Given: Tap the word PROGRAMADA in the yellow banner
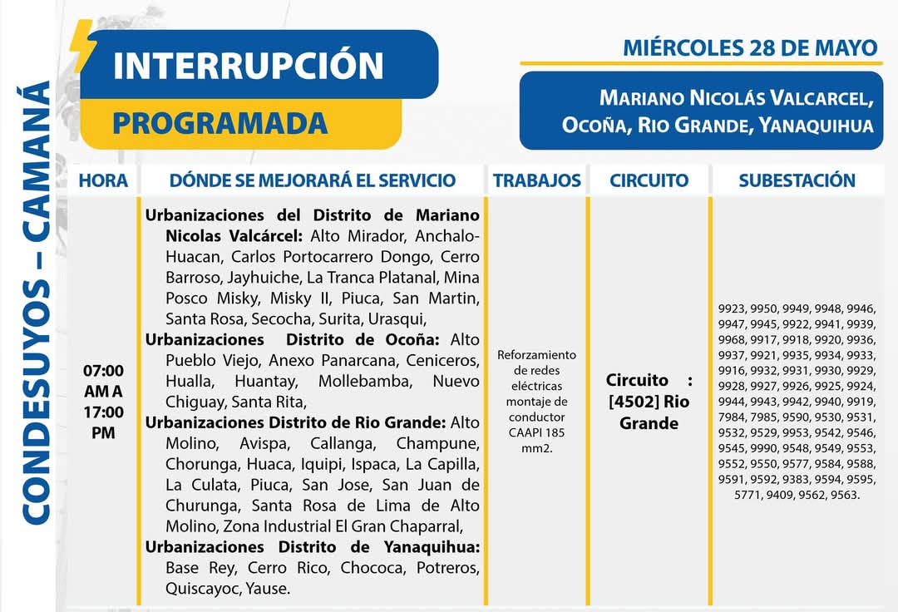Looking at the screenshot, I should [220, 124].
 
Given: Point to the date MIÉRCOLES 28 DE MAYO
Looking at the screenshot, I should [750, 47].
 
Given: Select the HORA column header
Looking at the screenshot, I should [103, 180].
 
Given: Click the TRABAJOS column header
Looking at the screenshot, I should [536, 180].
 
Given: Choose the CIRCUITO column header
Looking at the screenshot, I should [649, 180].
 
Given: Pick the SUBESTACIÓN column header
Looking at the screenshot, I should [797, 180].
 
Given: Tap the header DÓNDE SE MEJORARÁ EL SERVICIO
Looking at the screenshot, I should [312, 180].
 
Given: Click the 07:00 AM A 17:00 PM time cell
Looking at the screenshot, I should [103, 401].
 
